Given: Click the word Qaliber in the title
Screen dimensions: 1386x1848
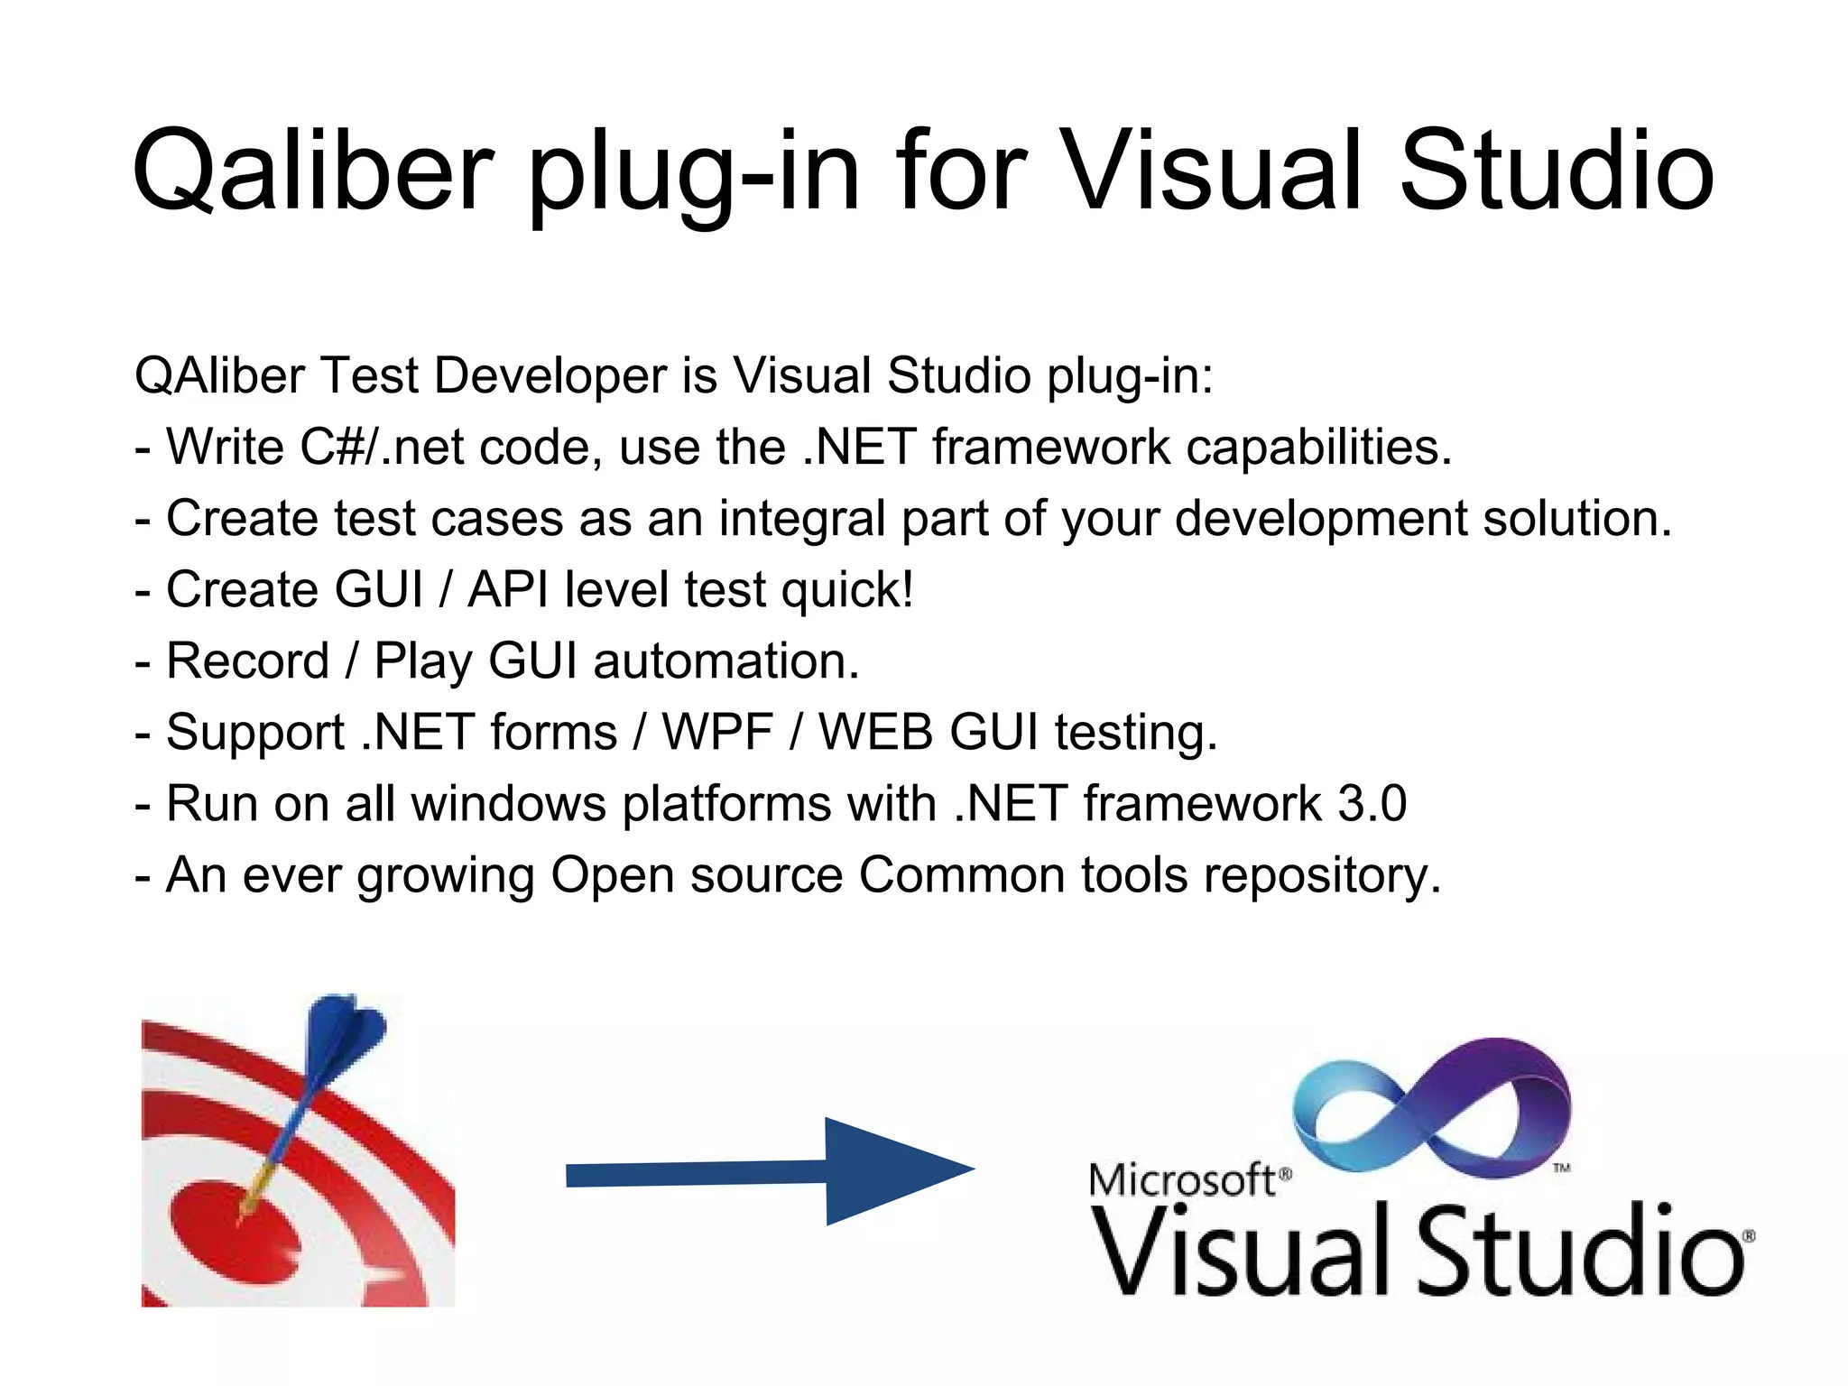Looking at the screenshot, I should click(312, 171).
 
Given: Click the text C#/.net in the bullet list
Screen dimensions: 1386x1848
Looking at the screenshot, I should click(382, 447).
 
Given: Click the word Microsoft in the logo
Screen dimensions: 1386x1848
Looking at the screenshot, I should click(1182, 1180).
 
